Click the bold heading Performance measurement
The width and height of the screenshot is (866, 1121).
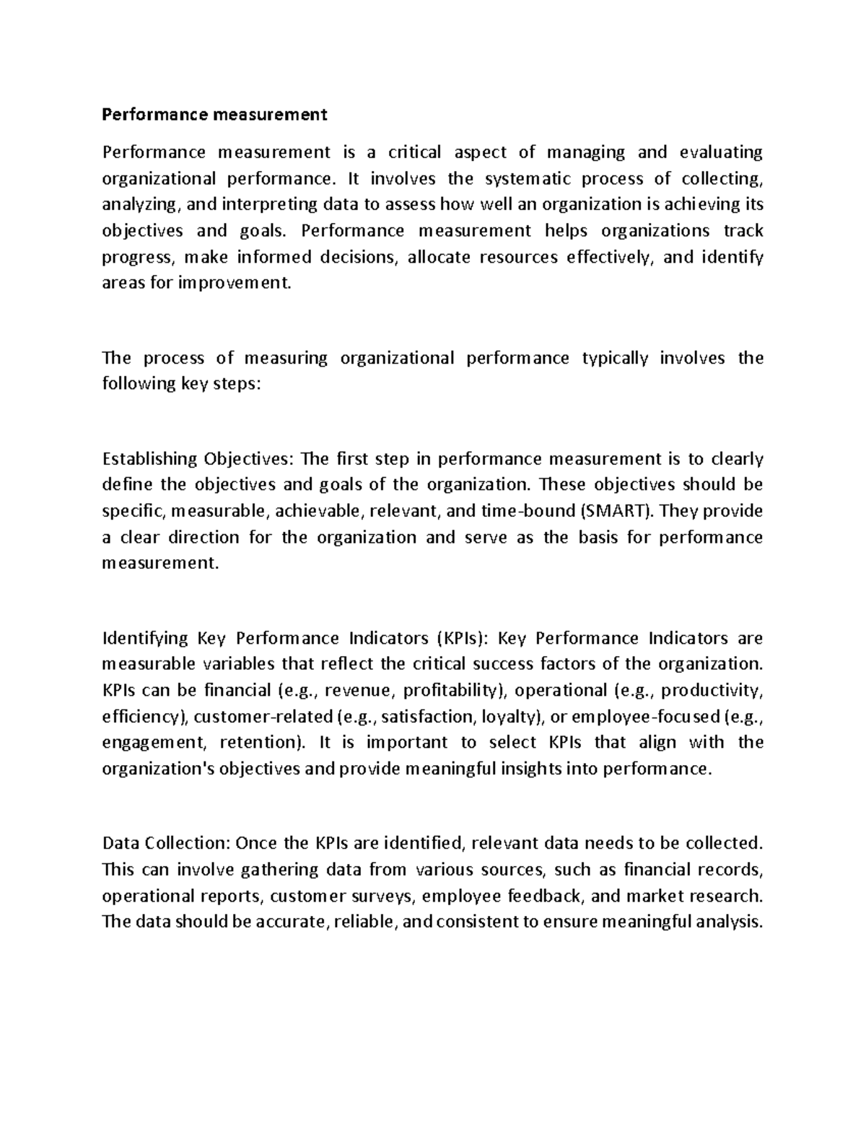pyautogui.click(x=214, y=114)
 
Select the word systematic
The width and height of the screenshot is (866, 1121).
pyautogui.click(x=527, y=178)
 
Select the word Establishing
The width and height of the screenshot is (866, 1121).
pyautogui.click(x=150, y=459)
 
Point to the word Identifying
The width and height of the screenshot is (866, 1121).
pyautogui.click(x=145, y=638)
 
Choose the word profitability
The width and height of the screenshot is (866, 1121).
pyautogui.click(x=455, y=690)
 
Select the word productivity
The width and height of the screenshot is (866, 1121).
pyautogui.click(x=710, y=690)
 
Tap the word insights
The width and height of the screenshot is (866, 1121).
pyautogui.click(x=532, y=768)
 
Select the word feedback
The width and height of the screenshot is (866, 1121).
pyautogui.click(x=546, y=896)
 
